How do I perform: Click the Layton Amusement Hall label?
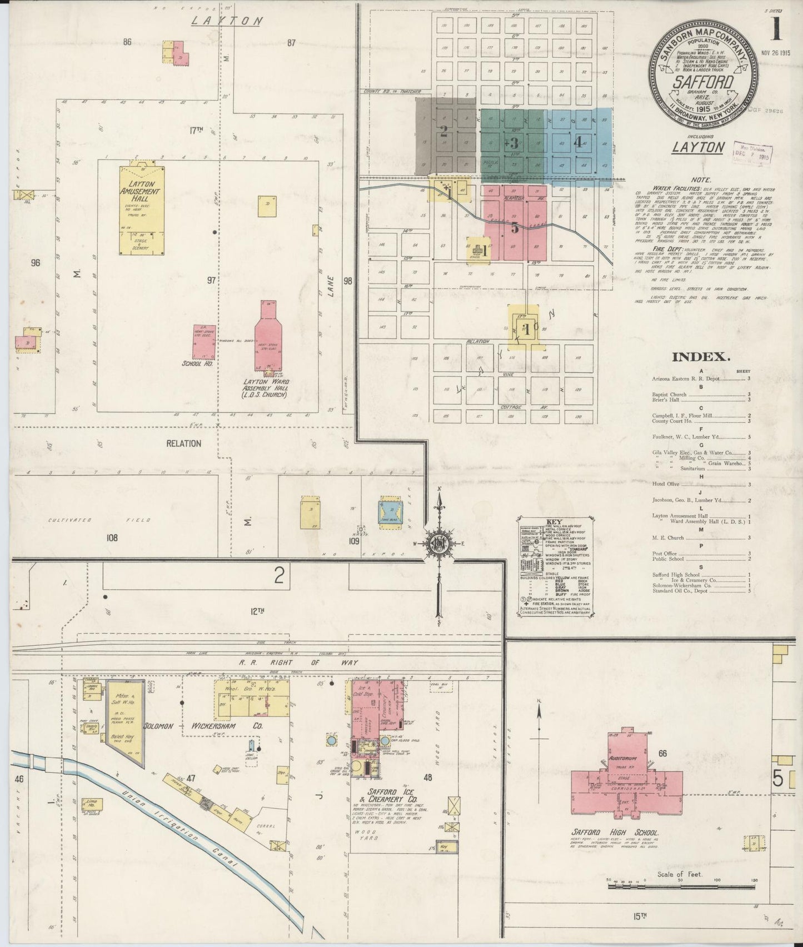click(141, 191)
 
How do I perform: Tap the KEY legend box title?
click(554, 522)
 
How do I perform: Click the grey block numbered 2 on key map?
click(443, 132)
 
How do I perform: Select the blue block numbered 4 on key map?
click(577, 142)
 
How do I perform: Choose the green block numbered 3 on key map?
click(514, 142)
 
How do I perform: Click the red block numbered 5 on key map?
click(515, 227)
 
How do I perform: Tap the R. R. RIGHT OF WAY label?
click(298, 662)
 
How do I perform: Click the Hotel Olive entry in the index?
click(666, 485)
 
